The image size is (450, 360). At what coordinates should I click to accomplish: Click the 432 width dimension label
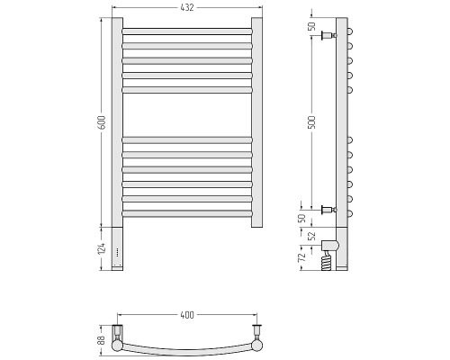tap(187, 7)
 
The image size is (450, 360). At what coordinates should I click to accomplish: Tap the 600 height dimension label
tap(102, 122)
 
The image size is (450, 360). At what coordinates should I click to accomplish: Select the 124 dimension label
tap(102, 249)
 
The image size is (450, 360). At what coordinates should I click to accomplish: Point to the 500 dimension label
tap(312, 122)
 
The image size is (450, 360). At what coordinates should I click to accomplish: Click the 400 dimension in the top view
tap(187, 315)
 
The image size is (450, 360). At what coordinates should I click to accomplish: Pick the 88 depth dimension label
tap(102, 340)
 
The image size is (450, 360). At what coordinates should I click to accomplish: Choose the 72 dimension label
tap(303, 256)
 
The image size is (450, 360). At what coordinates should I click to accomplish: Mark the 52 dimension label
tap(312, 236)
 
